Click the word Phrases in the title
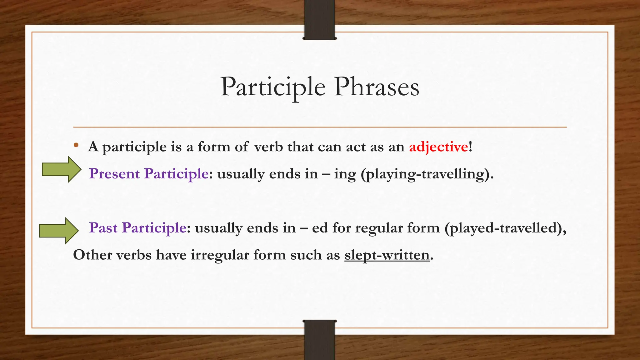pyautogui.click(x=376, y=87)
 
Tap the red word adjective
pyautogui.click(x=438, y=147)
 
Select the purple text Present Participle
pyautogui.click(x=149, y=174)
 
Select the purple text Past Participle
pyautogui.click(x=137, y=228)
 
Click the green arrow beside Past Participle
pyautogui.click(x=59, y=231)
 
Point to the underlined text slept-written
pyautogui.click(x=387, y=255)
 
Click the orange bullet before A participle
pyautogui.click(x=76, y=145)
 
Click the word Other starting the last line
pyautogui.click(x=92, y=255)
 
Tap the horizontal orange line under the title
pyautogui.click(x=320, y=127)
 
